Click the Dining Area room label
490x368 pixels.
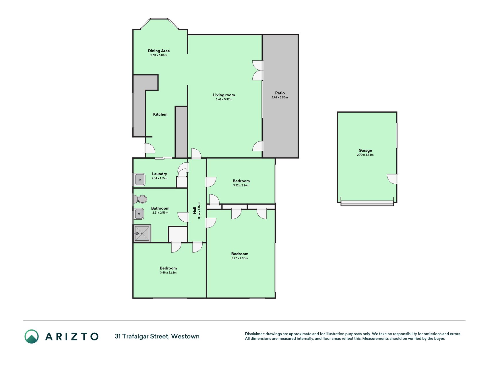click(159, 51)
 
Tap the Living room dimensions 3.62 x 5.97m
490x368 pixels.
click(224, 99)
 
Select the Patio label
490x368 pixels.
click(280, 93)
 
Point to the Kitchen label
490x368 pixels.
click(160, 114)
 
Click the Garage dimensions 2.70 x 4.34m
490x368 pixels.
click(365, 155)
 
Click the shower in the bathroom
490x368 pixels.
click(142, 233)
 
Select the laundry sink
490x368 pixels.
click(140, 180)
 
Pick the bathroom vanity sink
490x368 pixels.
click(139, 214)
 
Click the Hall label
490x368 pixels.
click(195, 210)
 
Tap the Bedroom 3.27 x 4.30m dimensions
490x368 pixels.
click(240, 258)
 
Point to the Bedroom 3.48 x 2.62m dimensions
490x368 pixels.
click(168, 273)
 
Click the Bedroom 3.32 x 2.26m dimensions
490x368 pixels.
click(241, 185)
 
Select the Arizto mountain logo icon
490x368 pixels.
click(32, 336)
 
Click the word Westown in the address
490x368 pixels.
click(185, 336)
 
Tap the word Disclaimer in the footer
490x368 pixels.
click(255, 334)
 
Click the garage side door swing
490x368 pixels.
click(392, 179)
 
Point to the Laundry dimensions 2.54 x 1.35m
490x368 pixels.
click(159, 178)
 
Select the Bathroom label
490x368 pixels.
click(160, 208)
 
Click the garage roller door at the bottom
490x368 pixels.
click(367, 203)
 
